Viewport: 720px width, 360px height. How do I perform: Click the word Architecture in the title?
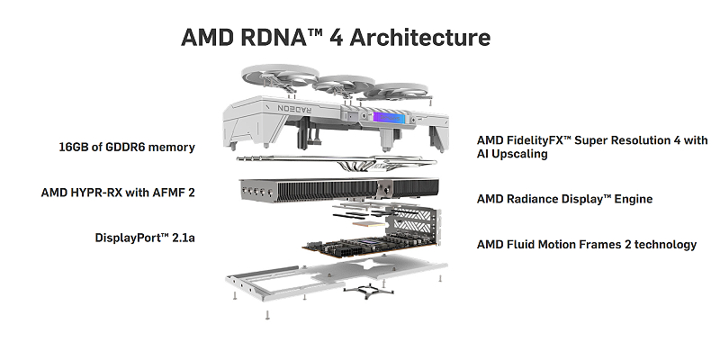click(420, 38)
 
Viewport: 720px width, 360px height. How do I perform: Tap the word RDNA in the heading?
click(270, 38)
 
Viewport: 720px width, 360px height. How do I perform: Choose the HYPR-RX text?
click(103, 192)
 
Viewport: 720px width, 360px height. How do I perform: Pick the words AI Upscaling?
click(512, 154)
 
